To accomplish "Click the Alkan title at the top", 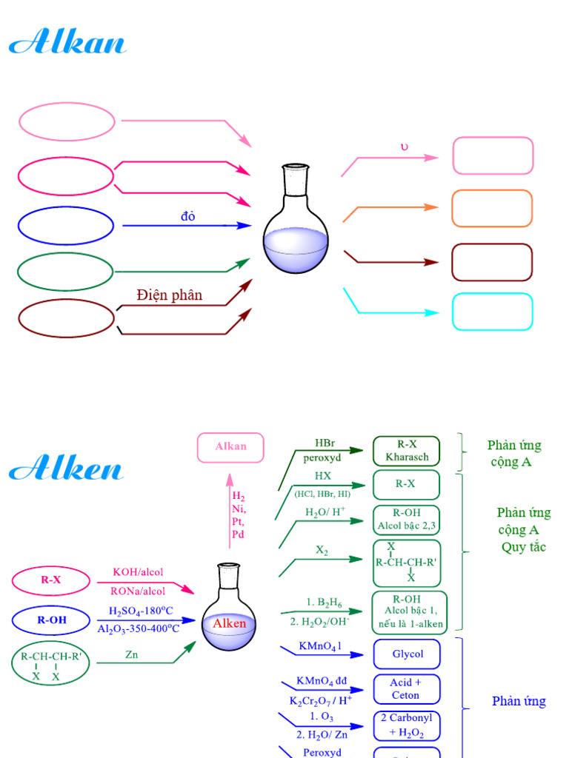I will [67, 42].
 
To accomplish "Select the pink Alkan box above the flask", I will [230, 447].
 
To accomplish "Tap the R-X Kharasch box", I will [406, 451].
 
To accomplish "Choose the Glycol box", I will [407, 654].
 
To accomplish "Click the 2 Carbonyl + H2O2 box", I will [406, 726].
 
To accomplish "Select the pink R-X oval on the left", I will [51, 580].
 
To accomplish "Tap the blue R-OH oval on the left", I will [51, 620].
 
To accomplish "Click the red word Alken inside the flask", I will [229, 623].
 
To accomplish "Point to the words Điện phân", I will [169, 295].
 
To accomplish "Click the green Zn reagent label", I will [132, 654].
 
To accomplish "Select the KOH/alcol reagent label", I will [138, 572].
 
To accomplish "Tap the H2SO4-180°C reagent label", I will [140, 611].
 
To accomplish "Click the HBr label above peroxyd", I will [325, 443].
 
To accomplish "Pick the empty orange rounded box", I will [492, 209].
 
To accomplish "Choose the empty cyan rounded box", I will [492, 312].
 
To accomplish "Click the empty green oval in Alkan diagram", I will [65, 272].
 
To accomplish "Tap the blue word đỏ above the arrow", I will [187, 217].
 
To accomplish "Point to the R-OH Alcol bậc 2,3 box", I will [406, 520].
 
